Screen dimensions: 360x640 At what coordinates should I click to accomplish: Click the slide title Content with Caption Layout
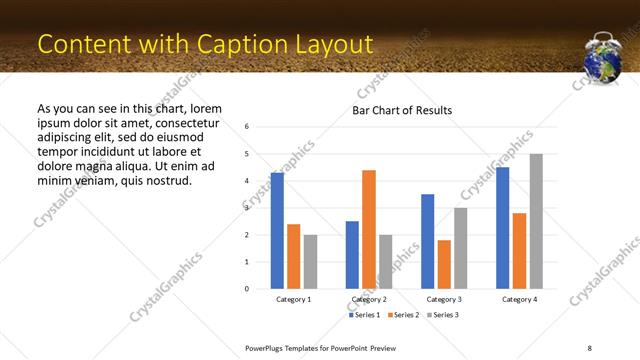tap(205, 44)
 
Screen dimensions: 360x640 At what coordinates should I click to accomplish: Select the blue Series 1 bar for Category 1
tap(277, 230)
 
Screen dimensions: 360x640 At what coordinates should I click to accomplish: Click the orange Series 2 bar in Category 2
tap(369, 229)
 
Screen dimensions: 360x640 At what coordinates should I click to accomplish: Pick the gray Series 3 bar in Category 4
tap(536, 221)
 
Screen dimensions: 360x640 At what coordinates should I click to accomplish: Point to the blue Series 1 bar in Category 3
tap(427, 241)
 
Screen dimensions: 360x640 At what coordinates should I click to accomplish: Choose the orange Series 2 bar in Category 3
tap(444, 264)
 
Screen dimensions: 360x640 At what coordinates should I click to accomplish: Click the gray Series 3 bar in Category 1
tap(310, 262)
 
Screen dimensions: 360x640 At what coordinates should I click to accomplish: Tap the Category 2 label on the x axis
tap(369, 299)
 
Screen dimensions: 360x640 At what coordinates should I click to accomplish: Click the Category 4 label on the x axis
tap(519, 299)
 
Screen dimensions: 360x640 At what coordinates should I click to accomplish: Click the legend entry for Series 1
tap(364, 315)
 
